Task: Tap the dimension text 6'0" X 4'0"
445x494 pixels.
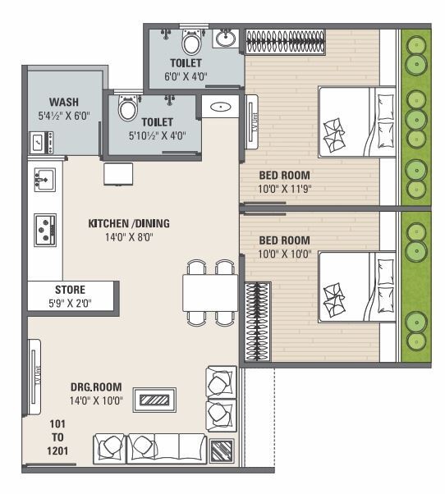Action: point(186,75)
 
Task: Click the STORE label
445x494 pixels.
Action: point(70,290)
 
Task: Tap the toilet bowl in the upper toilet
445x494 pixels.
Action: point(192,42)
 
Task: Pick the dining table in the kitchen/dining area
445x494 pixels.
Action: point(209,292)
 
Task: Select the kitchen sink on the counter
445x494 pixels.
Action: point(44,177)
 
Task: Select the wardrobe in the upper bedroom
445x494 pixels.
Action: point(285,41)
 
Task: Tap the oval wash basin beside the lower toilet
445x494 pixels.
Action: point(221,107)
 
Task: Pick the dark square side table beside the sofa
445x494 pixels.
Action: point(222,451)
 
